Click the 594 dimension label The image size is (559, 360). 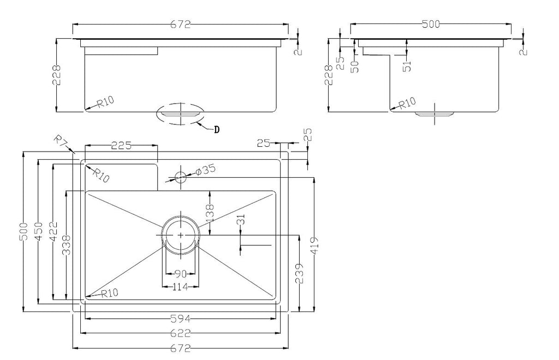tap(181, 319)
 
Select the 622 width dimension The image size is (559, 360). tap(181, 333)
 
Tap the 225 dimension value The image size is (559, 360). tap(122, 145)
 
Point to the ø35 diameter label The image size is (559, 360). tap(206, 170)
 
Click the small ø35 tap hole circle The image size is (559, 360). tap(181, 176)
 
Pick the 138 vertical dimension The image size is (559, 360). tap(210, 213)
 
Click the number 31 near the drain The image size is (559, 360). tap(241, 219)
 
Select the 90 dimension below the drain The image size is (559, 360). tap(181, 273)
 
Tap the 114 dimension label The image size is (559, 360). tap(180, 287)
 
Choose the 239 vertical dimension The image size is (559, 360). tap(300, 273)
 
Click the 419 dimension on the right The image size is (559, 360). tap(314, 245)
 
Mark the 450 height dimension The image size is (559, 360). tap(39, 232)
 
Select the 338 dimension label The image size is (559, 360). tap(66, 244)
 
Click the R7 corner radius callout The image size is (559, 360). tap(61, 140)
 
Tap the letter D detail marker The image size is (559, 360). tap(216, 130)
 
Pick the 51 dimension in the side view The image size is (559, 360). tap(407, 66)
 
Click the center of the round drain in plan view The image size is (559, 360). tap(181, 235)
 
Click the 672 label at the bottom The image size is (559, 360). tap(181, 348)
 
